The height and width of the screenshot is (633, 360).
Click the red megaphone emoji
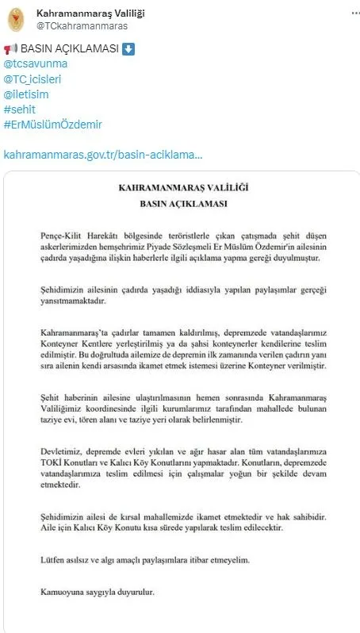coord(10,49)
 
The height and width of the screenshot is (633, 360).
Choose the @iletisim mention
coord(28,94)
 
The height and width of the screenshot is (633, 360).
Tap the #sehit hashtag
coord(21,109)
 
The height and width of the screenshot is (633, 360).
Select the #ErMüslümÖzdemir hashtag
coord(53,125)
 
